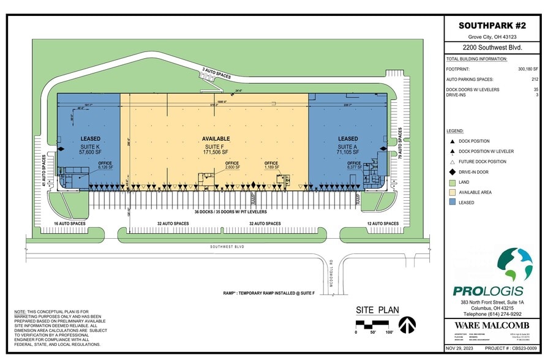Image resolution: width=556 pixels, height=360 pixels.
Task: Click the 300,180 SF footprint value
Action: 528,69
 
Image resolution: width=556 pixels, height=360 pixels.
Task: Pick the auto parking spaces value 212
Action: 535,80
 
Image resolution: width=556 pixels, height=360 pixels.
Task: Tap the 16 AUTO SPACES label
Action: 69,224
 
